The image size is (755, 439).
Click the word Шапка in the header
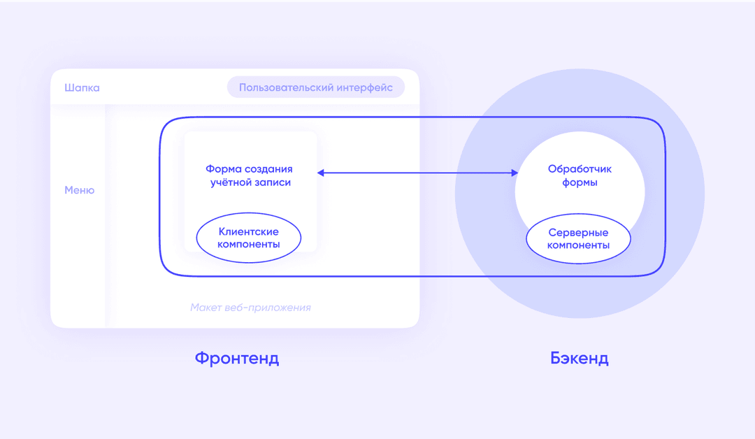coord(82,88)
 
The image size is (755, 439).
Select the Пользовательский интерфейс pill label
coord(316,87)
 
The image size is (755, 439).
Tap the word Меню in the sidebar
coord(80,190)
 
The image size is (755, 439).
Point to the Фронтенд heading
coord(237,358)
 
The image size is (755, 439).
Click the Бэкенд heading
coord(580,358)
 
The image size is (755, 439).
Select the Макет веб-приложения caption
coord(250,308)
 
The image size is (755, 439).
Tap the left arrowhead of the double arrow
coord(321,173)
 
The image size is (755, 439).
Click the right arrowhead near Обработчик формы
coord(515,173)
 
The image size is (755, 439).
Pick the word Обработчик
coord(580,169)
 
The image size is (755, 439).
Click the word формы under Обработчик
coord(580,183)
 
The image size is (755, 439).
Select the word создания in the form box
coord(268,169)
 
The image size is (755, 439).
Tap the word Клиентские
coord(248,231)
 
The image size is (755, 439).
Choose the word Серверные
coord(578,233)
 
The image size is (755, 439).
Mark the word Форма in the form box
coord(224,169)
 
